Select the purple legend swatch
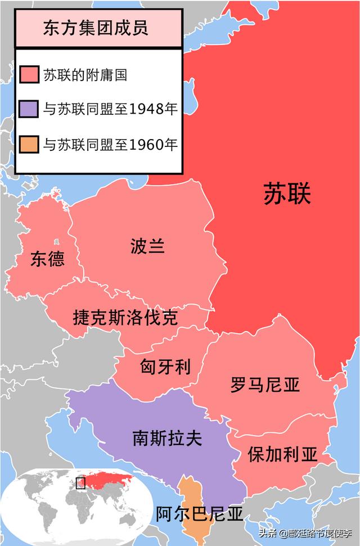(29, 109)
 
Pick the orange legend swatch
(29, 145)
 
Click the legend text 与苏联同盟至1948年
(110, 109)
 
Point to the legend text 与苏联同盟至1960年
(110, 145)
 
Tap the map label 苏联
(287, 194)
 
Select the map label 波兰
(147, 246)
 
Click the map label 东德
(47, 259)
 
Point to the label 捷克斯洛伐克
(125, 317)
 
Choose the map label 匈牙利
(165, 367)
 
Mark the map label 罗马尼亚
(264, 385)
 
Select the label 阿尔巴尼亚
(199, 513)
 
